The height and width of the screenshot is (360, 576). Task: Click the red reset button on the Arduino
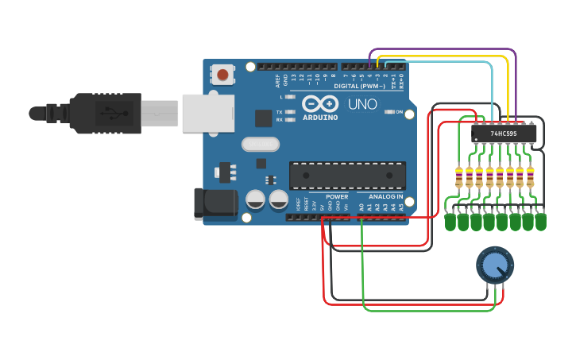click(222, 75)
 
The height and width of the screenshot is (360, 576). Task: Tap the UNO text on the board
click(362, 104)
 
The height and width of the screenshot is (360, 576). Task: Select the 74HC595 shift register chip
click(504, 134)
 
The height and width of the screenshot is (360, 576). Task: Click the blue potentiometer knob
click(494, 264)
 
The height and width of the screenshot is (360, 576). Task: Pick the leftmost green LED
click(450, 222)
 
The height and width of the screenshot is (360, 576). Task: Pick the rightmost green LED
click(541, 222)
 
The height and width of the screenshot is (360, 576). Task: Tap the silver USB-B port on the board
click(209, 113)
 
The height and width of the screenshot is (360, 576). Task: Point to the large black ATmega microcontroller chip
click(347, 176)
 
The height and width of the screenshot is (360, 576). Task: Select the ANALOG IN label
click(385, 196)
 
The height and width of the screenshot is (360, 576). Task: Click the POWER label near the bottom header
click(337, 196)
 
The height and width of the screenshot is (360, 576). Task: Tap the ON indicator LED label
click(399, 112)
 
